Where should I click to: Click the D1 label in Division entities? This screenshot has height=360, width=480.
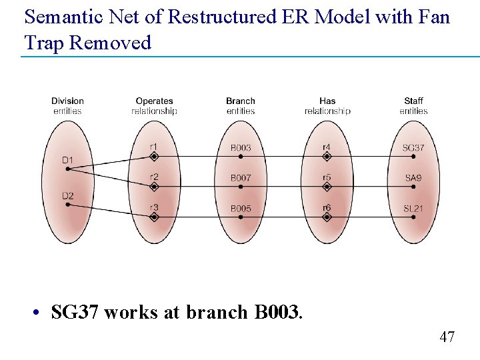[x=67, y=160]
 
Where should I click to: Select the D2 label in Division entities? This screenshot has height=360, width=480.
[x=67, y=196]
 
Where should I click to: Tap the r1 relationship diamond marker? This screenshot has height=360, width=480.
[x=154, y=157]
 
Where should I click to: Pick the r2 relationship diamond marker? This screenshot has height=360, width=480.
[x=154, y=187]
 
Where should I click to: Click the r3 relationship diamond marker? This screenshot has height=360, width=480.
[x=154, y=217]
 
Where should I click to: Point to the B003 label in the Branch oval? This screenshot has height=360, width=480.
[x=241, y=148]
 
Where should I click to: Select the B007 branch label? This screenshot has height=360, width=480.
[x=241, y=178]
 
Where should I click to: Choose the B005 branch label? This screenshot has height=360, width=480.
[x=241, y=209]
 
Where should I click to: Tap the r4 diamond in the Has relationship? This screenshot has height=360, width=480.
[x=327, y=157]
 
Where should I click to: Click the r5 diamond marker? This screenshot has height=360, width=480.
[x=327, y=187]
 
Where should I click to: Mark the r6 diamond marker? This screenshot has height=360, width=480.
[x=327, y=217]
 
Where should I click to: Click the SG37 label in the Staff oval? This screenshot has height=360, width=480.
[x=413, y=148]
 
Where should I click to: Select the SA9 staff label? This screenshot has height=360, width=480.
[x=413, y=178]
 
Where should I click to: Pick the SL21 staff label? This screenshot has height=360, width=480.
[x=413, y=209]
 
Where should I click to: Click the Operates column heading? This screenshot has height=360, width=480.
[x=154, y=101]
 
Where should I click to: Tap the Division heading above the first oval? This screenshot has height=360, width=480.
[x=67, y=101]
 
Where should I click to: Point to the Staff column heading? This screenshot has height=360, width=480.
[x=413, y=101]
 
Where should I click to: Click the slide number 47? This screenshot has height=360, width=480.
[x=447, y=337]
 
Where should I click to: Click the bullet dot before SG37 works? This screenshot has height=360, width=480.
[x=41, y=313]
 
